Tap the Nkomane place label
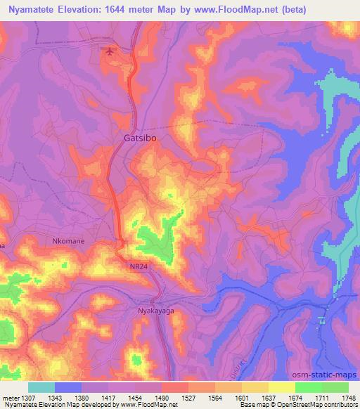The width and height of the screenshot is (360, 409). (68, 241)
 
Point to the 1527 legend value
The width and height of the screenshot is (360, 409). (188, 397)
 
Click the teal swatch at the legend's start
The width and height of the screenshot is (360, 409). (41, 387)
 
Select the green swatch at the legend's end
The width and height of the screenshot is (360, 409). (335, 387)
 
